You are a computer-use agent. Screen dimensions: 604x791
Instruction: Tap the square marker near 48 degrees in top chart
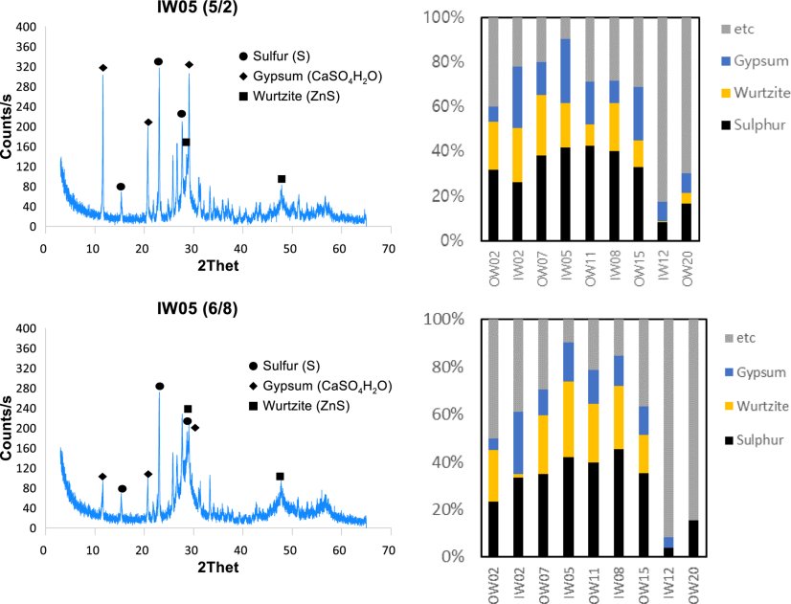coord(282,179)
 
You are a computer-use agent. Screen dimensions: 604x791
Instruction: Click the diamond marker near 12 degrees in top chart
coord(102,68)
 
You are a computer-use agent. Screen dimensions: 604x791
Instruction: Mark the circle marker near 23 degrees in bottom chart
coord(159,387)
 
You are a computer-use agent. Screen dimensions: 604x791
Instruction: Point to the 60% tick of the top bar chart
coord(458,106)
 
